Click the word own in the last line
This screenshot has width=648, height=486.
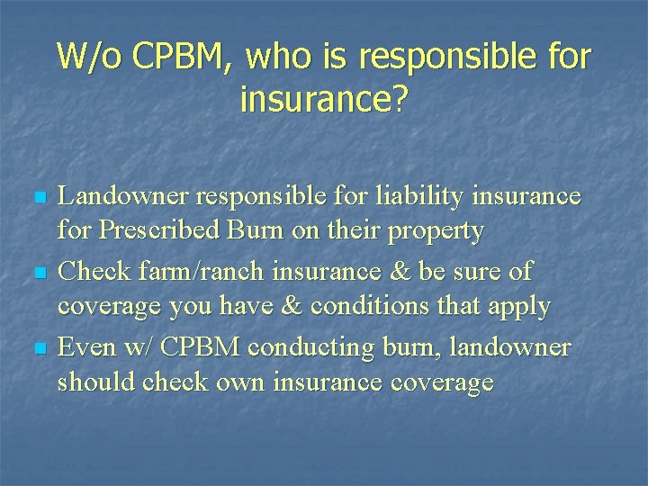coord(237,382)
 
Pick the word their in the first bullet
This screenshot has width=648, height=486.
coord(356,231)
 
